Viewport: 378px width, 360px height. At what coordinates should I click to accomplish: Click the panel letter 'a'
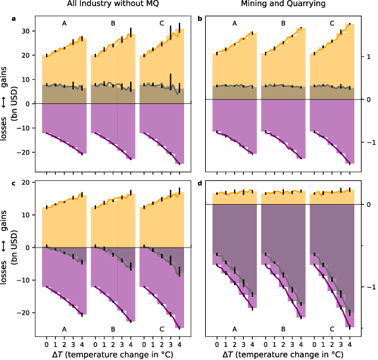pos(14,18)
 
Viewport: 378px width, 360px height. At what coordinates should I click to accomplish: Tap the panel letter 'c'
pos(14,182)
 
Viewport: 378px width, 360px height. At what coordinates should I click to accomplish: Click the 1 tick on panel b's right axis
pos(370,57)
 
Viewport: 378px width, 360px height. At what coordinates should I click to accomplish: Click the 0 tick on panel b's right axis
pos(370,99)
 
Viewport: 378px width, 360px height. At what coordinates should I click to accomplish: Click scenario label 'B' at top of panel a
pos(112,24)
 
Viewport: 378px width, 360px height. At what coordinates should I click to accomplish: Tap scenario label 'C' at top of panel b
pos(332,24)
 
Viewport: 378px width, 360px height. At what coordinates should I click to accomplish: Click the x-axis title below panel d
pos(283,354)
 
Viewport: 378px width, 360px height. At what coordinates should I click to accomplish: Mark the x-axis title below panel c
pos(112,354)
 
